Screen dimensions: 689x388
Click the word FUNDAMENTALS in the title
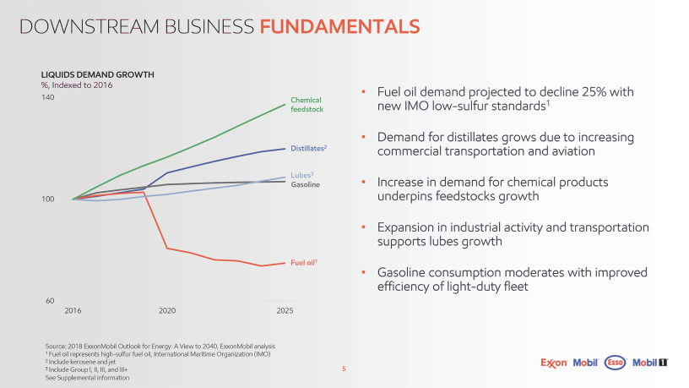(x=339, y=26)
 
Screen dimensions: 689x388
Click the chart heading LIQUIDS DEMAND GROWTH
(x=98, y=74)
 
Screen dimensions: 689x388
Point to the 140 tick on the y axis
(x=48, y=97)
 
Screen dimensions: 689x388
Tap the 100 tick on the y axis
(x=47, y=199)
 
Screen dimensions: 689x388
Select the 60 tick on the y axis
(x=50, y=301)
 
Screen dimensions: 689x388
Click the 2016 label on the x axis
(x=73, y=310)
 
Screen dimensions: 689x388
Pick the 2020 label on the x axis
(x=167, y=310)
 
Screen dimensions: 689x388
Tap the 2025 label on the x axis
(x=285, y=310)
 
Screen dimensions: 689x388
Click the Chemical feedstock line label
(x=307, y=105)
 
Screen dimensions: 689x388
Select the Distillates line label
(x=308, y=148)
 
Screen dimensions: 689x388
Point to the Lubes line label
(x=302, y=175)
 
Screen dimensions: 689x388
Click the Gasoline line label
(x=306, y=185)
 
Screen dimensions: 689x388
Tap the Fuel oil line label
(x=304, y=263)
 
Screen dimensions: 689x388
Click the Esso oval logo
(x=615, y=363)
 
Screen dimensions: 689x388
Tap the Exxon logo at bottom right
(x=554, y=363)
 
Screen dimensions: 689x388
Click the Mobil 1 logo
(x=650, y=363)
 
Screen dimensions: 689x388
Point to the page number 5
(x=344, y=369)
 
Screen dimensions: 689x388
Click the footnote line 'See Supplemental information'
(x=87, y=378)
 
